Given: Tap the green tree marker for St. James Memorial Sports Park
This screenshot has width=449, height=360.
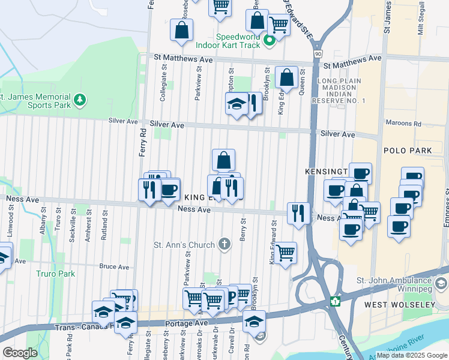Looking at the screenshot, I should tap(79, 99).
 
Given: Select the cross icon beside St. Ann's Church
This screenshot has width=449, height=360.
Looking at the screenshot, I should tap(224, 244).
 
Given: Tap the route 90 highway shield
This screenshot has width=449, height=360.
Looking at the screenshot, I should tap(316, 55).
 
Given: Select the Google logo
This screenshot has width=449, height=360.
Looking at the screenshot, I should tap(20, 353).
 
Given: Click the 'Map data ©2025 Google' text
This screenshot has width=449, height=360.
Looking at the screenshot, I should tap(412, 355).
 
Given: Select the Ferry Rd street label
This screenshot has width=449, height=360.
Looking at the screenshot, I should tap(143, 143).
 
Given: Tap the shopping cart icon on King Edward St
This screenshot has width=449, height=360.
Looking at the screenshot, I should tap(286, 252).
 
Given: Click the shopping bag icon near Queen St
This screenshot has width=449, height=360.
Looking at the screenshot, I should tap(286, 77).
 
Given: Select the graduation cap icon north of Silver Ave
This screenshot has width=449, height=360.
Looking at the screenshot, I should tap(237, 103).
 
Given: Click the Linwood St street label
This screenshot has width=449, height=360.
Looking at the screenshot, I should tap(11, 218).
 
